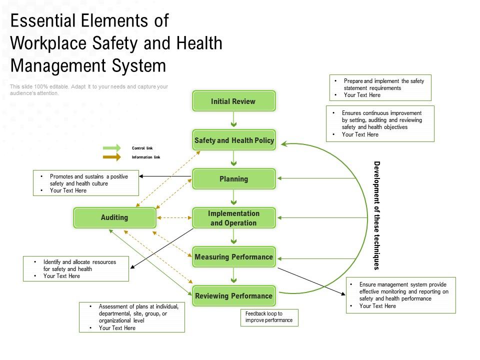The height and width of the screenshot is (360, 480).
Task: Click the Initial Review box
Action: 233,101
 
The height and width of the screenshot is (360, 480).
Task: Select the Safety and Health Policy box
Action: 233,140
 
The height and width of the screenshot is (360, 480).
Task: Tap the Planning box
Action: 233,179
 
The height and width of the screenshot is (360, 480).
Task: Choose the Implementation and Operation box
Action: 233,218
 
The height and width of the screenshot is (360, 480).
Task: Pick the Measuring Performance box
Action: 233,257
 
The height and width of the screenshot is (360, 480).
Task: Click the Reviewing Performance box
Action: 233,296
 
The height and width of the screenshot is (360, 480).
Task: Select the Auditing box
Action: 114,217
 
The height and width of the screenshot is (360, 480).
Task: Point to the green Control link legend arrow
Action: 111,148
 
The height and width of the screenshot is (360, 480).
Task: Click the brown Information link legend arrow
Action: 111,157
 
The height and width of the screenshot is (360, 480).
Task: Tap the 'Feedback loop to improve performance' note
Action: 269,317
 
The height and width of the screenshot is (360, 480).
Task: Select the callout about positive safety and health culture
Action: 86,183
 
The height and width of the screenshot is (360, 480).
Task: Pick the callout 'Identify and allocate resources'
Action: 76,268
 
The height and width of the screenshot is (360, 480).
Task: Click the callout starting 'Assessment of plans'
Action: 132,317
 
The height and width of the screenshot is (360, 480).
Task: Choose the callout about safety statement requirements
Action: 380,88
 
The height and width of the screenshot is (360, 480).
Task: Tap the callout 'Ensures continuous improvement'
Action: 380,123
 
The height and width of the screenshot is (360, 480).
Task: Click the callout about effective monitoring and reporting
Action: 400,295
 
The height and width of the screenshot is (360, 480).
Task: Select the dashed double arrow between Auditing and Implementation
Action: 174,218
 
